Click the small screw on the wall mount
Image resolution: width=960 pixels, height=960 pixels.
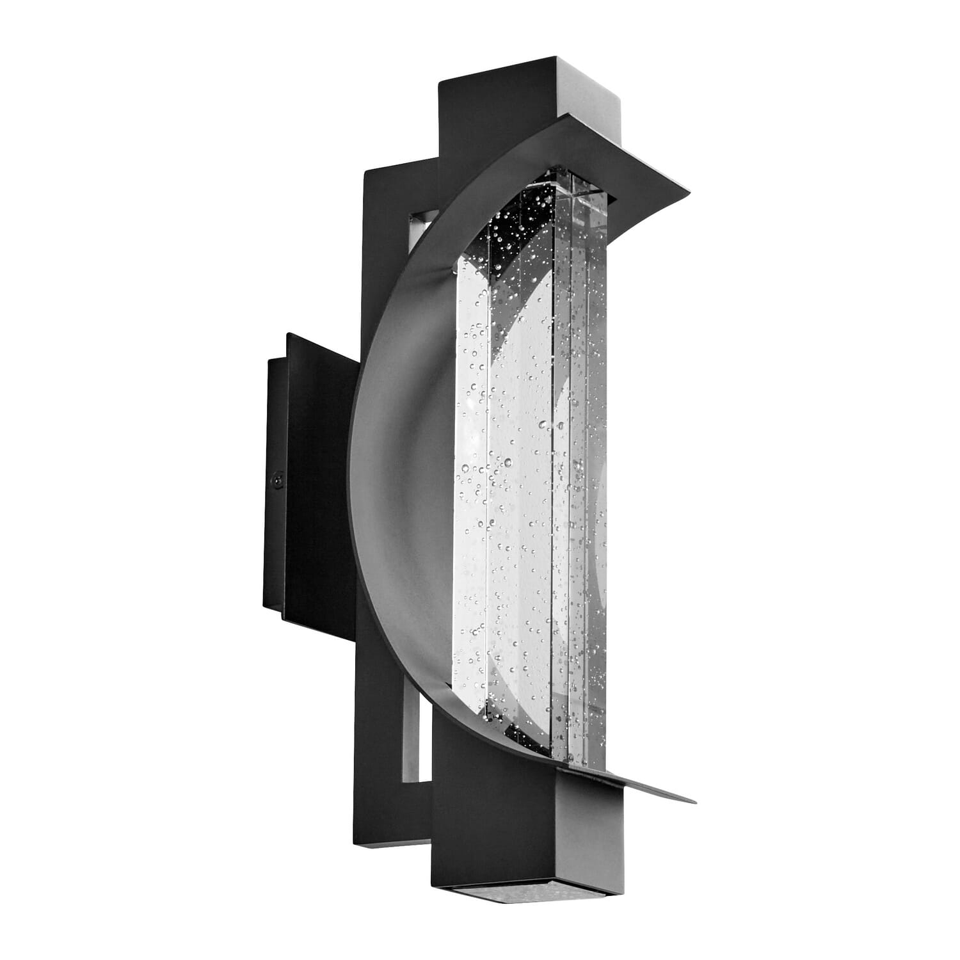click(278, 477)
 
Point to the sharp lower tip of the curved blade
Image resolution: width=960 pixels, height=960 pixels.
click(694, 801)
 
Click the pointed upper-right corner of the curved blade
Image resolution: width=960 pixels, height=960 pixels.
click(689, 190)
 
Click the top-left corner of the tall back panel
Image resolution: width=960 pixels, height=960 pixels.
click(365, 172)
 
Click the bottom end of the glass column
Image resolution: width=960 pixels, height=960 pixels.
click(563, 762)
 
